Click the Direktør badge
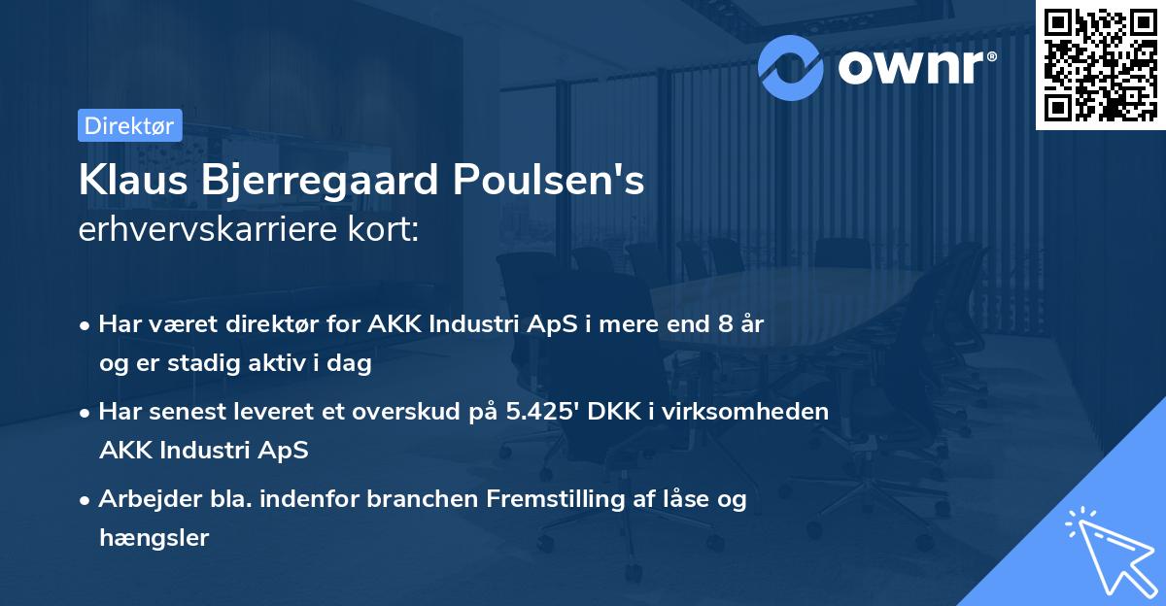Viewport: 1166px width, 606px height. [x=129, y=125]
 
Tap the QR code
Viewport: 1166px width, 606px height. [x=1100, y=64]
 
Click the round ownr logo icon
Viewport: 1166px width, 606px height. [x=792, y=66]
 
